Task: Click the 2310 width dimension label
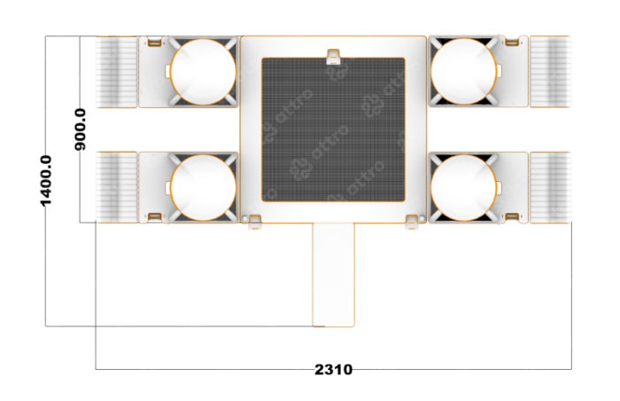coord(333,369)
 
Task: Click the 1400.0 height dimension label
coord(46,181)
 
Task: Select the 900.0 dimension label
coord(81,130)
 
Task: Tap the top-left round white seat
coord(203,72)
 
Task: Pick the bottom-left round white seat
coord(203,187)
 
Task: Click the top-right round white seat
coord(463,71)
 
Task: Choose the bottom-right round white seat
coord(463,187)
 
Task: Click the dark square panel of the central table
coord(333,130)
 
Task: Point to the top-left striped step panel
coord(117,72)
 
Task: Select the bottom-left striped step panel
coord(117,187)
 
